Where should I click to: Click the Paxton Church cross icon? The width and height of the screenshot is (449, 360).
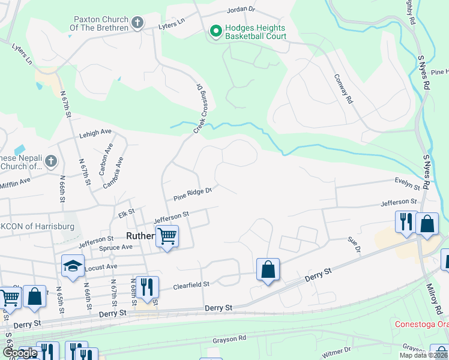click(137, 23)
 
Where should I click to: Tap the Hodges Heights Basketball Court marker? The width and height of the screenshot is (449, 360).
click(214, 29)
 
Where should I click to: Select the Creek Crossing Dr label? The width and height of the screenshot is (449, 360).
click(203, 109)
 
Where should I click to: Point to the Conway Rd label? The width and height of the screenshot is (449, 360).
click(342, 89)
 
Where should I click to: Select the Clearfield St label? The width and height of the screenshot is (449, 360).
click(192, 284)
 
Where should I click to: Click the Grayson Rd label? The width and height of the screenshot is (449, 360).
click(229, 340)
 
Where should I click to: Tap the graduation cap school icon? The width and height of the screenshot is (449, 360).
click(73, 266)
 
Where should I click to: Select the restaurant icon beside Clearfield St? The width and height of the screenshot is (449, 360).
click(146, 287)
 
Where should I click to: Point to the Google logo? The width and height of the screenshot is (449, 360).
click(20, 353)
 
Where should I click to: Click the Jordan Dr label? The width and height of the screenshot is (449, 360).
click(241, 10)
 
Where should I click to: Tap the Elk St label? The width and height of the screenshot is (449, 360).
click(125, 212)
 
